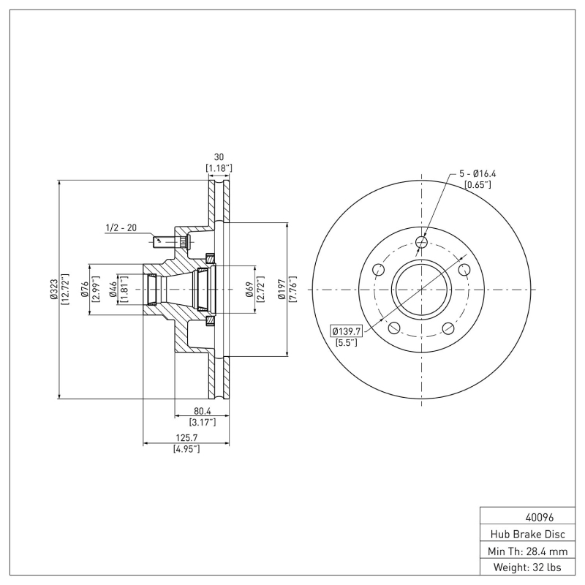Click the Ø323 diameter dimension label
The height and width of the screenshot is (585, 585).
click(53, 290)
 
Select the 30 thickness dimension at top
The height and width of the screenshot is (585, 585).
click(218, 156)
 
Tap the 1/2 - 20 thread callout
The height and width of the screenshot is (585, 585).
click(121, 227)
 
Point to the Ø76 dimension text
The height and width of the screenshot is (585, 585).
click(85, 290)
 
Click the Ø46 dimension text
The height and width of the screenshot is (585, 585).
click(113, 290)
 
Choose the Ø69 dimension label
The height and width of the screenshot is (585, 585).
click(249, 290)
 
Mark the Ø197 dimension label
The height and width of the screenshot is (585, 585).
click(282, 290)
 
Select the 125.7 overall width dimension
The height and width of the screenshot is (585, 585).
click(186, 437)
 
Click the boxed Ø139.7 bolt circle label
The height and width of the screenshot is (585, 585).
click(347, 331)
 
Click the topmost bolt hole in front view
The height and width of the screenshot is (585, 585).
click(421, 242)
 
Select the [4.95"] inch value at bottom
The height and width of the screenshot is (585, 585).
click(186, 449)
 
